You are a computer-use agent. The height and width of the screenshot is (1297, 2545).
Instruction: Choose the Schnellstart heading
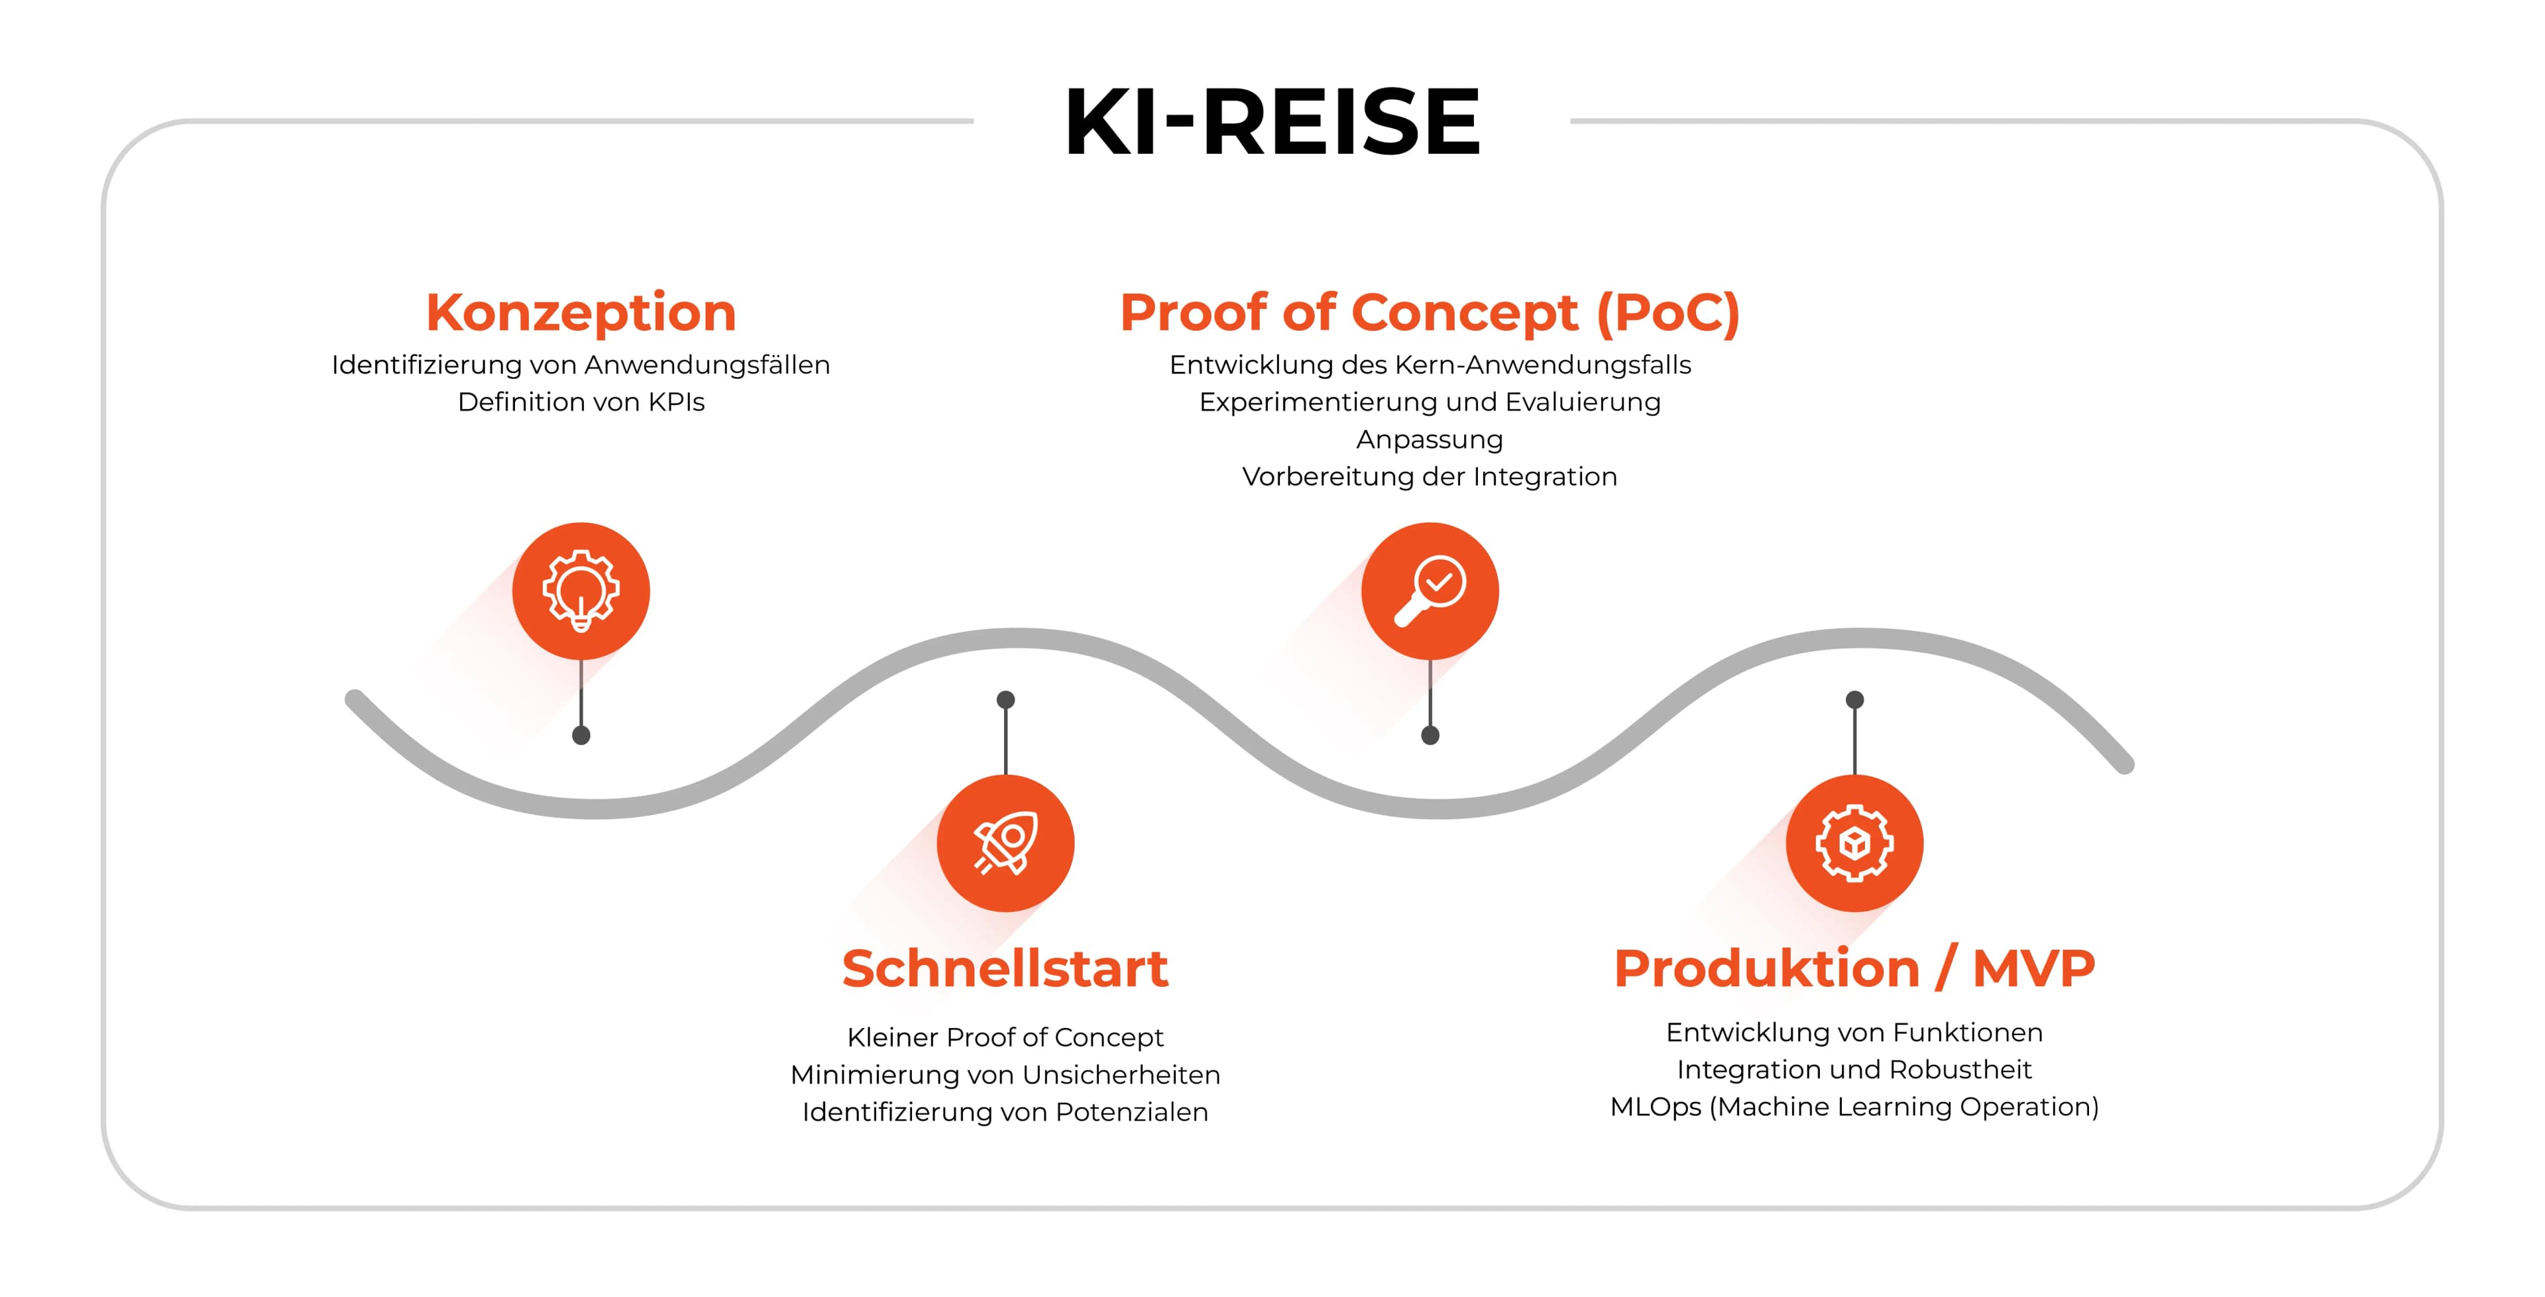[x=1005, y=968]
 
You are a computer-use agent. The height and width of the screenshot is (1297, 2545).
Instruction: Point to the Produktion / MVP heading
[x=1854, y=968]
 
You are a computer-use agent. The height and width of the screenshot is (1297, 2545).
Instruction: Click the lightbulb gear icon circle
[x=581, y=591]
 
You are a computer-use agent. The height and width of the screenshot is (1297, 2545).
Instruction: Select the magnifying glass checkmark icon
[x=1430, y=591]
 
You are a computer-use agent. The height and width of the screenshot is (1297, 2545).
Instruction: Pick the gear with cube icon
[x=1854, y=842]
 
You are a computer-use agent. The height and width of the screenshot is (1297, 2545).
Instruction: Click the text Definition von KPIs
[x=581, y=402]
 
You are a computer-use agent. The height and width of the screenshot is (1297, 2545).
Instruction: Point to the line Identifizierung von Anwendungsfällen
[x=581, y=365]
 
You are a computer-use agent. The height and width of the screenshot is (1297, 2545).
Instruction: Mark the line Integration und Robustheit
[x=1854, y=1070]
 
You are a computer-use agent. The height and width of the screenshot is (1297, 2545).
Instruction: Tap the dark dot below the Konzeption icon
[x=581, y=735]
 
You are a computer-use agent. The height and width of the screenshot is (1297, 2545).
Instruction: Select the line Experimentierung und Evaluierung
[x=1430, y=403]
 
